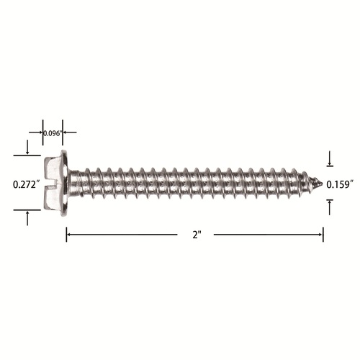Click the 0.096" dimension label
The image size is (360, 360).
coord(53,133)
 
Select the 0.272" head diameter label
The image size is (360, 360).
coord(26,184)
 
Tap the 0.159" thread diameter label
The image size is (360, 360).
coord(340,184)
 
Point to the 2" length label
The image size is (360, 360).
coord(197,235)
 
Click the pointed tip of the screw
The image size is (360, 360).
coord(322,184)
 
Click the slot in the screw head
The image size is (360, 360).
coord(53,184)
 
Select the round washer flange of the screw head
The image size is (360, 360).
coord(64,183)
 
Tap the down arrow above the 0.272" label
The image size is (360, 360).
coord(27,147)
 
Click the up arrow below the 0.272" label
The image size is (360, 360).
coord(27,218)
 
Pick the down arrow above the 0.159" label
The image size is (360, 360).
coord(330,158)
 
